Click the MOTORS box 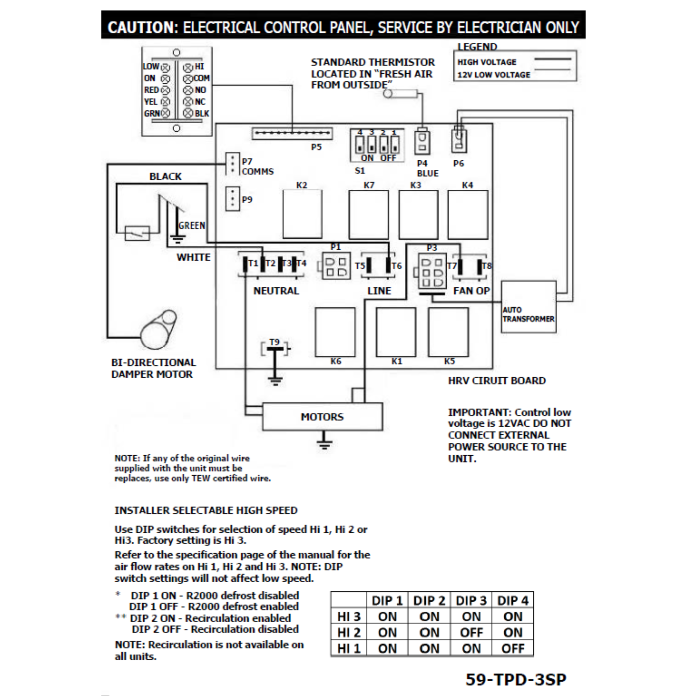tap(322, 417)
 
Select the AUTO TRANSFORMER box tap(528, 307)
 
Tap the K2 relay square tap(302, 214)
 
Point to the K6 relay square tap(335, 332)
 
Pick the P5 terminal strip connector tap(292, 134)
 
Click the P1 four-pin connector tap(336, 267)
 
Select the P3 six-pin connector tap(432, 271)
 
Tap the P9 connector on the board tap(233, 198)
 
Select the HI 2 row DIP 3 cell tap(471, 632)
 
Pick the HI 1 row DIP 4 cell tap(513, 648)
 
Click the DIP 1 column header tap(387, 601)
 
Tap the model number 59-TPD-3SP tap(516, 679)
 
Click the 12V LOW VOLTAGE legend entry tap(494, 75)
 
